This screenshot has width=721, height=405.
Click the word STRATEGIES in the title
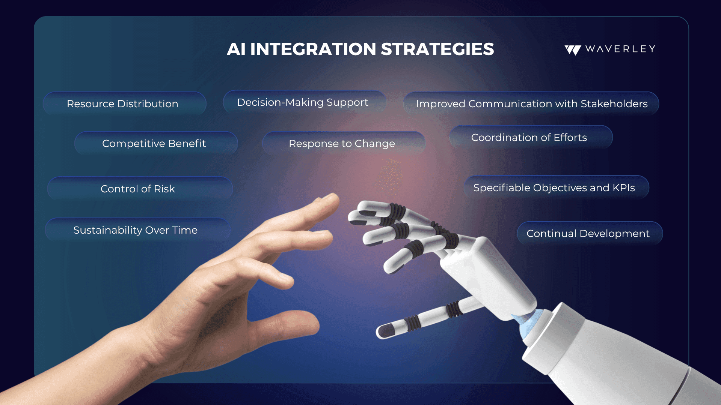coord(437,49)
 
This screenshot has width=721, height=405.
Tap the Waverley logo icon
coord(573,50)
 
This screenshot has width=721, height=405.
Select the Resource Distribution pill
coord(125,103)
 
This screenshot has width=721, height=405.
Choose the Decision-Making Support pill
coord(304,102)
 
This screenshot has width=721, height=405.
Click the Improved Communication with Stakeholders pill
coord(531,103)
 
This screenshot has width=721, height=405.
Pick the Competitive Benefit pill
coord(156,143)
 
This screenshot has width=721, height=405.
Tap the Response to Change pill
coord(344,143)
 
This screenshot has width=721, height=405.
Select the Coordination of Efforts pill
coord(531,137)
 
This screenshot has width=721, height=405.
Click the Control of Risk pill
coord(140,189)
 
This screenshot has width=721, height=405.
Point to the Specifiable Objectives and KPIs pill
coord(556,187)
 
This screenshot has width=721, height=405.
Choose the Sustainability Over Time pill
coord(137,230)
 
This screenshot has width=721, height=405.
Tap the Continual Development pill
coord(590,233)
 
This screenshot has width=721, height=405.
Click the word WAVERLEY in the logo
coord(620,49)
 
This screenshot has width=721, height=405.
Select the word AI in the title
coord(236,49)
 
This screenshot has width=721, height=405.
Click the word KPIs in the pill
coord(624,187)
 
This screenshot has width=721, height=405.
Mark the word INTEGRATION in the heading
coord(313,49)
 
